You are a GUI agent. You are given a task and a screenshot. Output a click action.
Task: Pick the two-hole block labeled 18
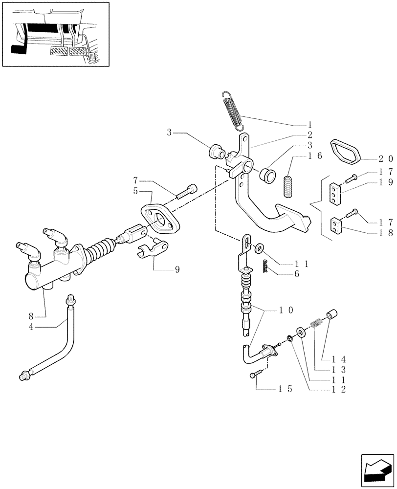tap(336, 226)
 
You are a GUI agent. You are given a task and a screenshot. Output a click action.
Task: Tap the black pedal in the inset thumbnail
tap(18, 49)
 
